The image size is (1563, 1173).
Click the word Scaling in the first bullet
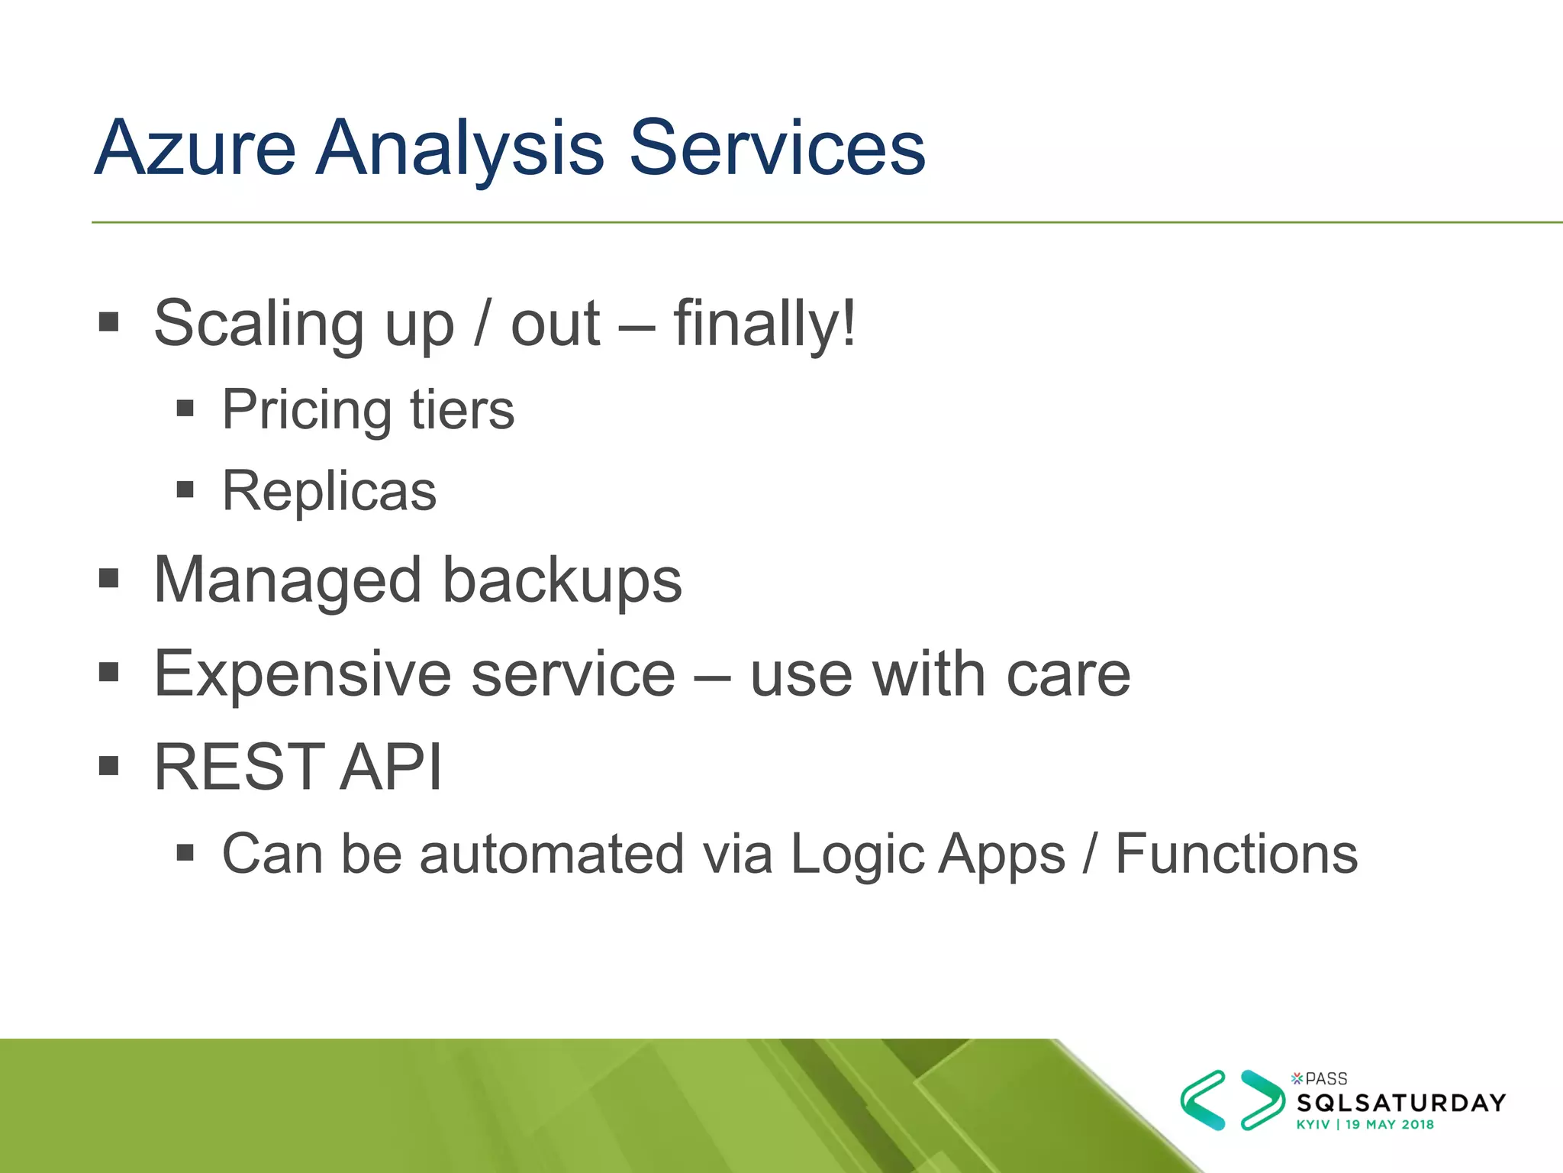pyautogui.click(x=258, y=324)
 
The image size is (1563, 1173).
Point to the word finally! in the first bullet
pyautogui.click(x=764, y=324)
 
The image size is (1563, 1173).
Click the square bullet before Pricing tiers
pyautogui.click(x=185, y=408)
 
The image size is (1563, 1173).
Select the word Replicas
pyautogui.click(x=329, y=491)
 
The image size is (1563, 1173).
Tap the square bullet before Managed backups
pyautogui.click(x=109, y=578)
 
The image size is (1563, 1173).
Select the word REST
pyautogui.click(x=239, y=767)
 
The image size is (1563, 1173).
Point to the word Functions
pyautogui.click(x=1236, y=854)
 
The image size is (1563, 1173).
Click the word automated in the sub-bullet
pyautogui.click(x=552, y=854)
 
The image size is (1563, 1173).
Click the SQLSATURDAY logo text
pyautogui.click(x=1401, y=1103)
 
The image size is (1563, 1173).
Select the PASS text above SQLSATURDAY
pyautogui.click(x=1326, y=1078)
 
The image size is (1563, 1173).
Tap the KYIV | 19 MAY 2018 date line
pyautogui.click(x=1365, y=1124)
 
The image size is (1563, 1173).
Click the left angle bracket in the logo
pyautogui.click(x=1203, y=1100)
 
